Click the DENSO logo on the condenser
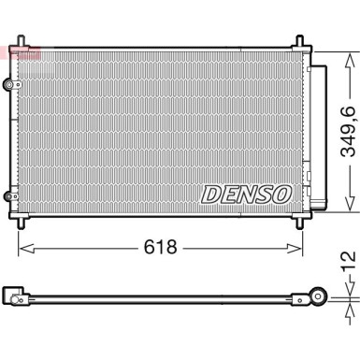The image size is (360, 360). [x=246, y=194]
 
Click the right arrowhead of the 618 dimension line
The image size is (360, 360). [x=298, y=248]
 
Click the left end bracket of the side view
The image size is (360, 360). [x=13, y=296]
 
